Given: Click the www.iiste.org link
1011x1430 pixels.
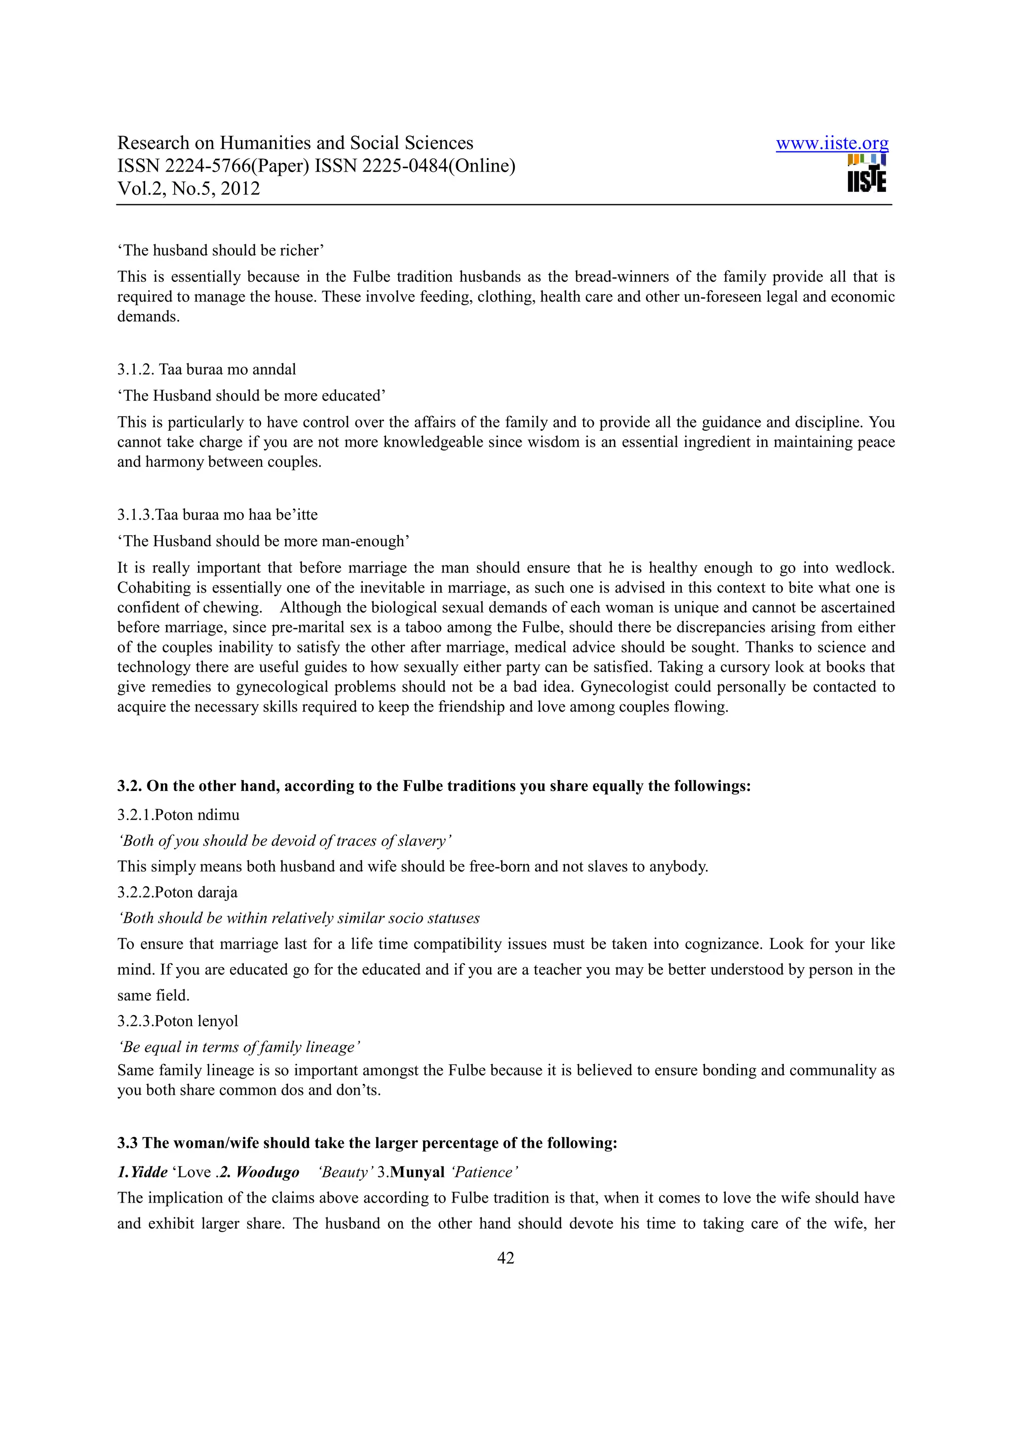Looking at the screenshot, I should tap(832, 144).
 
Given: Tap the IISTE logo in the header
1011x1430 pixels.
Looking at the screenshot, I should tap(866, 174).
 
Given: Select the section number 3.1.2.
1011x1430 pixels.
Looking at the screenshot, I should tap(136, 369).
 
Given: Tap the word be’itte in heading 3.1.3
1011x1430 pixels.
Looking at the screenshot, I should tap(297, 515).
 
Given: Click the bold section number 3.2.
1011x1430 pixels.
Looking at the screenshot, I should tap(129, 786).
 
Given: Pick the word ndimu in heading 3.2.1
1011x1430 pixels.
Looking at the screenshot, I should tap(218, 815).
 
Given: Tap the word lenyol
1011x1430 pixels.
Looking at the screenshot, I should tap(218, 1021).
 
